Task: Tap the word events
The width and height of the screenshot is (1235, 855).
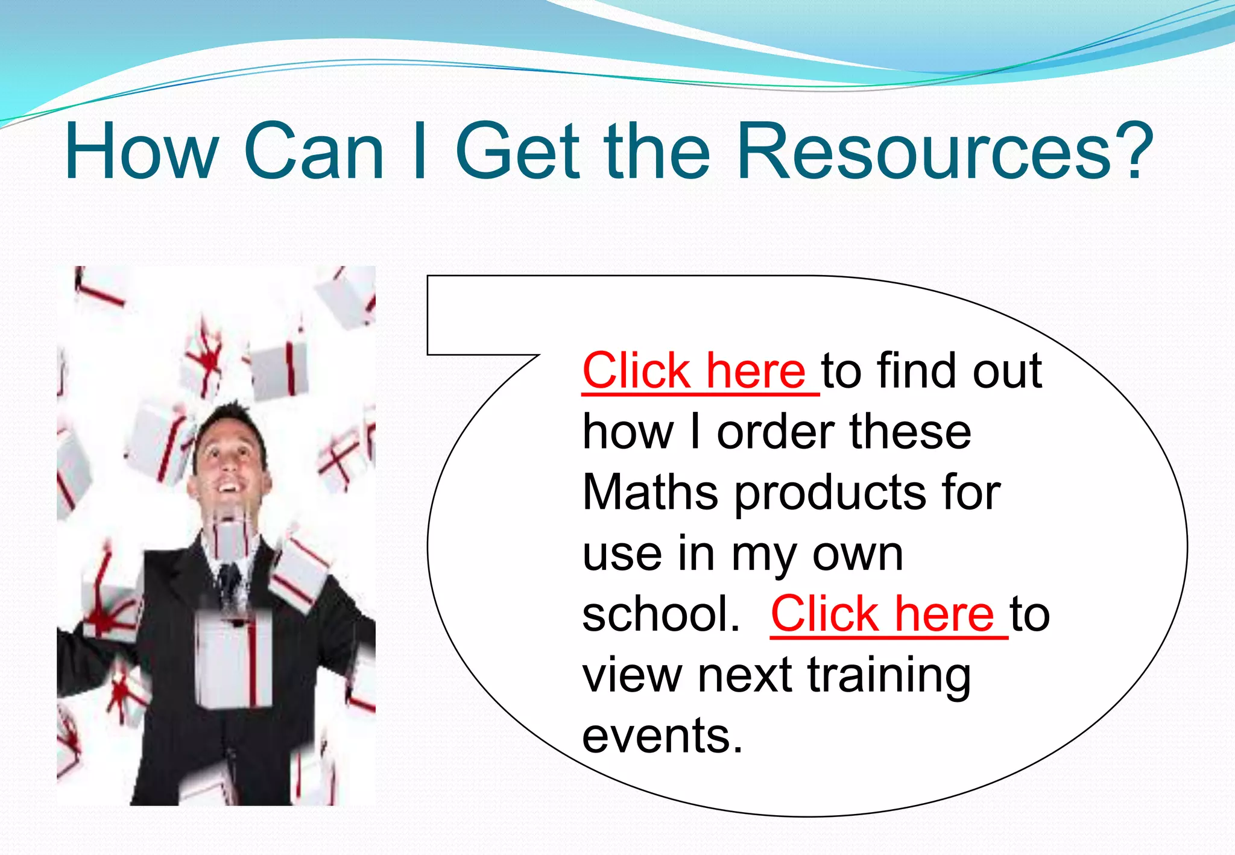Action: click(x=662, y=736)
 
